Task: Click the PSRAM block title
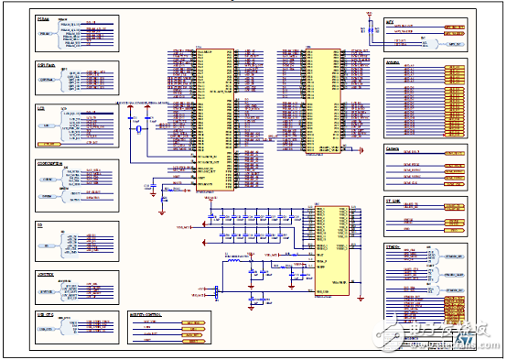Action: coord(43,17)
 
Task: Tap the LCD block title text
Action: coord(40,108)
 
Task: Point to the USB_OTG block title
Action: coord(45,314)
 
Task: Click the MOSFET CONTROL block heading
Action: coord(146,314)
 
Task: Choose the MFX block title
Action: coord(390,19)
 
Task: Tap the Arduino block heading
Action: coord(394,62)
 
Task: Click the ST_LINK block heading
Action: coord(394,200)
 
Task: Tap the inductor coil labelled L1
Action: coord(231,261)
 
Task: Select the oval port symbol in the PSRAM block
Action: coord(49,34)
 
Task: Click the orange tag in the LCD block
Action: coord(92,143)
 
